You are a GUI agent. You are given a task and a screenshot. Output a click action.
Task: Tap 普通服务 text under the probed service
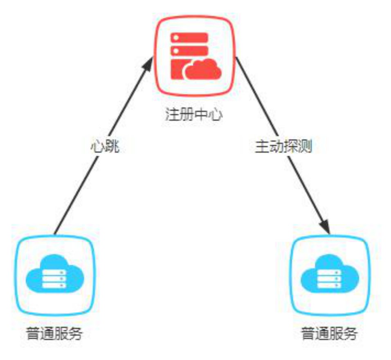[x=329, y=335]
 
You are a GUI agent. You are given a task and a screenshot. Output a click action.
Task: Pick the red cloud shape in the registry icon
[x=203, y=70]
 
